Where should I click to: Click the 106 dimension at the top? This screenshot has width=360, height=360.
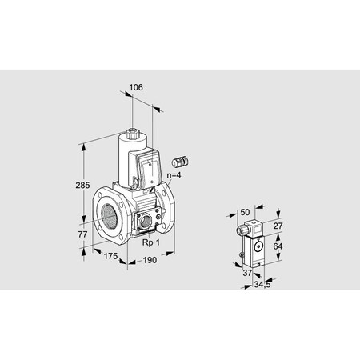tap(136, 87)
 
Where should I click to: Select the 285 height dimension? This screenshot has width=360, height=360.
tap(82, 185)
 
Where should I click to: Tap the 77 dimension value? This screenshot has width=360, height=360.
tap(82, 234)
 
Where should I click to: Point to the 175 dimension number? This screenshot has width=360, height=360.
tap(110, 256)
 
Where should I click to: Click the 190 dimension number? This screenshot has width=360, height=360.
tap(150, 260)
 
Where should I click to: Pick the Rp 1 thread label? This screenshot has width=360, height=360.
tap(151, 242)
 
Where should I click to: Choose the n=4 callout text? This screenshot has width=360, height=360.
tap(174, 175)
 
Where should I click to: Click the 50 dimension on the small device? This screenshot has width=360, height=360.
tap(245, 212)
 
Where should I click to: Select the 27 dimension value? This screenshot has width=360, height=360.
tap(278, 226)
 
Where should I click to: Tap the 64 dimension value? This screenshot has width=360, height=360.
tap(278, 246)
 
